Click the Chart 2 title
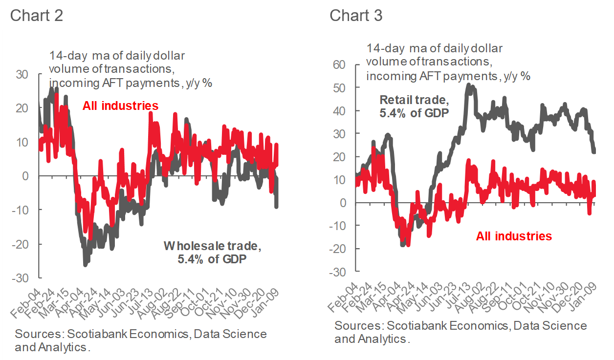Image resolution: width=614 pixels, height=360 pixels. click(x=36, y=15)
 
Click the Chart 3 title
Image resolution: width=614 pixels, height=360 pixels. click(x=355, y=15)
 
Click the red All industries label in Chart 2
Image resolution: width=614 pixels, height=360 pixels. click(x=120, y=106)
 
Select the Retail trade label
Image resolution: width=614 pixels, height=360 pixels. click(x=414, y=106)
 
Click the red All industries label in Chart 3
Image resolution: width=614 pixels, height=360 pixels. click(x=514, y=236)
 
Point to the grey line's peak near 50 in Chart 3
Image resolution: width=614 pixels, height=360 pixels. click(x=468, y=85)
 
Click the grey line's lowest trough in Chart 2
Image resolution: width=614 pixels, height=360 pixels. click(x=85, y=264)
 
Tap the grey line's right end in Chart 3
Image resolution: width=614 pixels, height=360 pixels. click(x=594, y=151)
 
